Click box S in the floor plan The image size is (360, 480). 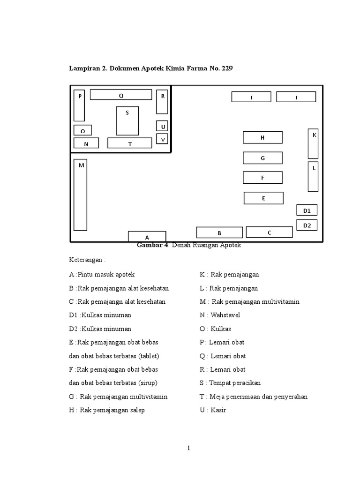tap(127, 120)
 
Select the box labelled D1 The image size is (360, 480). tap(307, 210)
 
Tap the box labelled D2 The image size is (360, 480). tap(307, 225)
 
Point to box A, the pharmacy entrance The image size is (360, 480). tap(147, 236)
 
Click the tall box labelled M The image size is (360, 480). tap(80, 195)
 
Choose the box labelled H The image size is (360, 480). tap(262, 137)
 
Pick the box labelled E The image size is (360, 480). tap(263, 198)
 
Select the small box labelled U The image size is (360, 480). tap(162, 127)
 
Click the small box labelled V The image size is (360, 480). tap(162, 139)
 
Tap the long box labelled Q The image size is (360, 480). tap(121, 95)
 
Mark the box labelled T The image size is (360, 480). tap(130, 143)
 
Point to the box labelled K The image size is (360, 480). tap(313, 143)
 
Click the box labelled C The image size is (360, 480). tap(269, 232)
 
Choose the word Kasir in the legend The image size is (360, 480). tap(218, 410)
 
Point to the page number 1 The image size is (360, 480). tap(188, 448)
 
